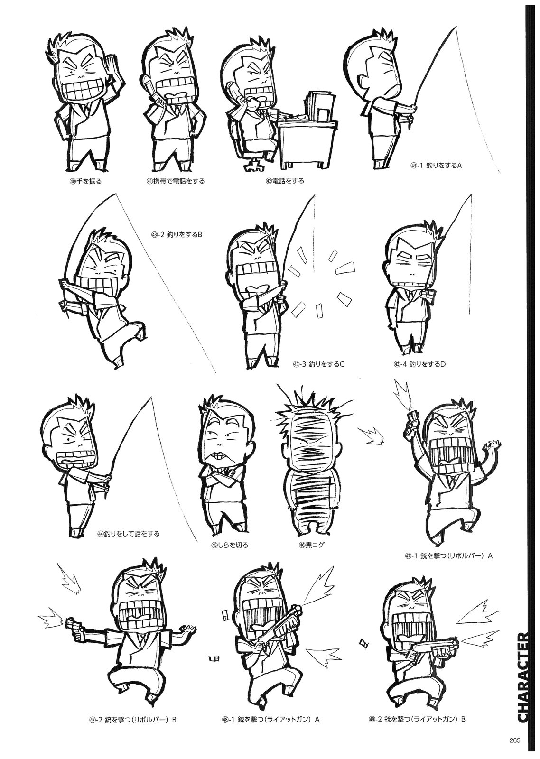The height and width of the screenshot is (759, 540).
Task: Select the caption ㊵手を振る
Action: click(85, 181)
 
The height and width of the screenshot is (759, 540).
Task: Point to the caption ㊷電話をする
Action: click(285, 181)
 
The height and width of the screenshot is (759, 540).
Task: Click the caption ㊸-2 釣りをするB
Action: click(176, 234)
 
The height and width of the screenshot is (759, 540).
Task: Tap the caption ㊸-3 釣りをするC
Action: click(318, 364)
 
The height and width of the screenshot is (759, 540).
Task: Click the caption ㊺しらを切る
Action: click(230, 555)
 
